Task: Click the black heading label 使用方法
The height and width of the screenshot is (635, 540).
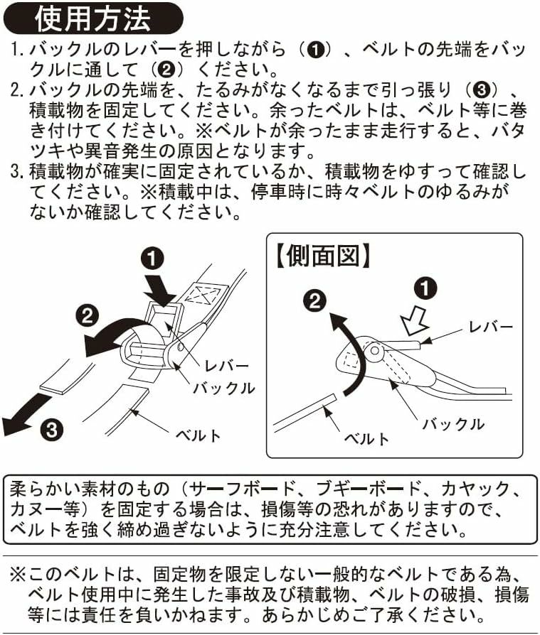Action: tap(92, 18)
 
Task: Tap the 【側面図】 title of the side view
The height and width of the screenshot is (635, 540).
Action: tap(323, 256)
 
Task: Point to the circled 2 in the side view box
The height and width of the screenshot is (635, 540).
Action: tap(315, 302)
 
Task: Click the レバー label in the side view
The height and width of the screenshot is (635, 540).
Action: tap(491, 327)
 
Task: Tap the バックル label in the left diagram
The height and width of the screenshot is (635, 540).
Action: tap(223, 389)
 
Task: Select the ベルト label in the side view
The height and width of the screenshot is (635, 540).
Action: tap(367, 438)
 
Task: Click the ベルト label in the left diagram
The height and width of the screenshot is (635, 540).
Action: tap(198, 435)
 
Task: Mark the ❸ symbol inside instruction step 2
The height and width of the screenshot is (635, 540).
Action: tap(481, 90)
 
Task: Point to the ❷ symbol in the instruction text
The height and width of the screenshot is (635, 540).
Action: tap(166, 70)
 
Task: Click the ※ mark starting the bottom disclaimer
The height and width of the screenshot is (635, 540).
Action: tap(18, 574)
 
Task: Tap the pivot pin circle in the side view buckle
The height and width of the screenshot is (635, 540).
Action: tap(375, 349)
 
